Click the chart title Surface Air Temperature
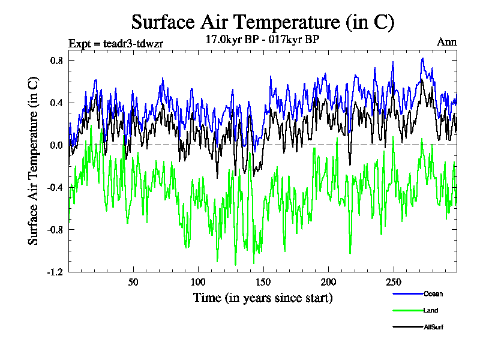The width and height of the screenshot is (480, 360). click(263, 22)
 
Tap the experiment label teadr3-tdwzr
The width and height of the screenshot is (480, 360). click(116, 43)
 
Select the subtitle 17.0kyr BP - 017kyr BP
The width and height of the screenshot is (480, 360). click(263, 39)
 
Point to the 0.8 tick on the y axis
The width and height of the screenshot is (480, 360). click(58, 61)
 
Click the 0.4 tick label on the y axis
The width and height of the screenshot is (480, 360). click(58, 103)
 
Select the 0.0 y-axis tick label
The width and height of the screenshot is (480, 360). click(58, 145)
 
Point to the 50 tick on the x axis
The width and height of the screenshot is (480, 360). click(133, 282)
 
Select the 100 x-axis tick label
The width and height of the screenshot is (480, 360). click(198, 282)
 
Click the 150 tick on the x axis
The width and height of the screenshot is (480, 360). click(263, 282)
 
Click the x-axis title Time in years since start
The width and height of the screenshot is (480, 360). click(263, 298)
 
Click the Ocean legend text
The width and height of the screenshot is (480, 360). click(433, 293)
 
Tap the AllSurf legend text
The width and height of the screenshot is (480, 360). click(434, 327)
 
